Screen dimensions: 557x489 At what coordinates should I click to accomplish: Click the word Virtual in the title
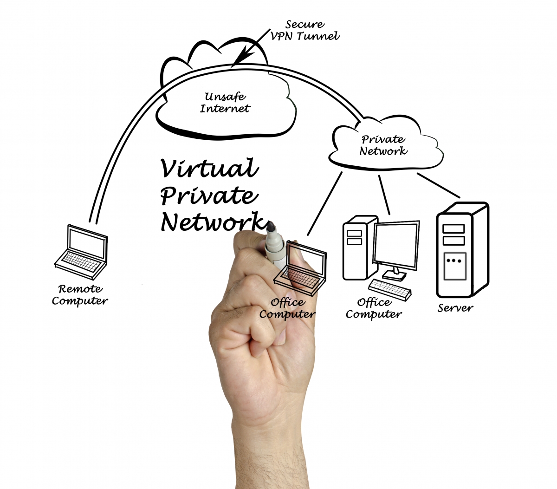209,168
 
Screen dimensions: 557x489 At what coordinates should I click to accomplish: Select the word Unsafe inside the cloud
225,97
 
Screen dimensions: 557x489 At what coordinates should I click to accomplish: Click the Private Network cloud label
383,145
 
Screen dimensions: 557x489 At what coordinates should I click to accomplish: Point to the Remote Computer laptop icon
81,252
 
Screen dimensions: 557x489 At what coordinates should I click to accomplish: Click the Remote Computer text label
80,295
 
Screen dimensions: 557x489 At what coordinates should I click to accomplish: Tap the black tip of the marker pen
271,227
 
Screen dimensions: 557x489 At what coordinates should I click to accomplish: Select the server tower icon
463,250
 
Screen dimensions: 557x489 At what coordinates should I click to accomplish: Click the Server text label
455,308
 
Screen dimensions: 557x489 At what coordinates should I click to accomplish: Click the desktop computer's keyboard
390,290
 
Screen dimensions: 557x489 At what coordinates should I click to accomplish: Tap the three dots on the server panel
453,261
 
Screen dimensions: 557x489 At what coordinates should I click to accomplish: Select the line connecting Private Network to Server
439,185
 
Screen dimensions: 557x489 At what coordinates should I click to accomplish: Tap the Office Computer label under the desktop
374,308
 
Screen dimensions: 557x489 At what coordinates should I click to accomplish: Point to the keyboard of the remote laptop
81,261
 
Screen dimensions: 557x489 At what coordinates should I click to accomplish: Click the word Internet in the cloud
225,108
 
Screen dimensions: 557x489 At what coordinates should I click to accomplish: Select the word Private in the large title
209,195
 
